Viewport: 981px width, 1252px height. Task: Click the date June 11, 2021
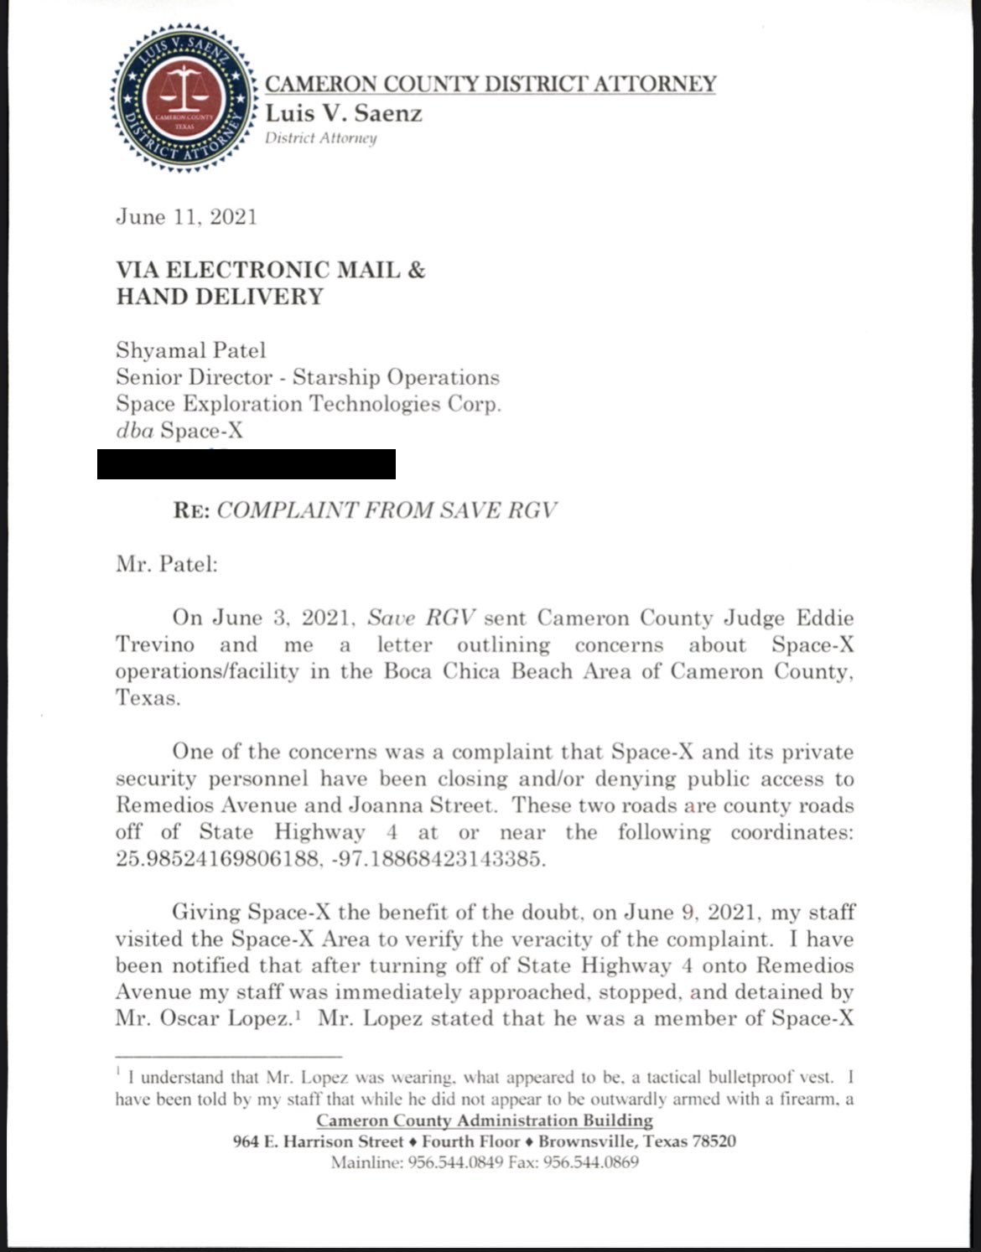point(186,217)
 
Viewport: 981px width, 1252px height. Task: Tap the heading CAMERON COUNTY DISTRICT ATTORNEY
point(490,84)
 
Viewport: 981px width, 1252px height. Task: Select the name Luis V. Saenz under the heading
point(344,112)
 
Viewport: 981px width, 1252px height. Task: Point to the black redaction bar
point(246,464)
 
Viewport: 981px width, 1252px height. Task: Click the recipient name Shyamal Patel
point(190,350)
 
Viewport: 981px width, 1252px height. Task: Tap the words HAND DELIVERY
point(220,297)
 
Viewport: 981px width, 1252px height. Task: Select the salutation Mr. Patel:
point(166,563)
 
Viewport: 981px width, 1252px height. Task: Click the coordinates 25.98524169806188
point(217,859)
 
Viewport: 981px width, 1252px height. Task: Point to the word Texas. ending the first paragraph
point(148,698)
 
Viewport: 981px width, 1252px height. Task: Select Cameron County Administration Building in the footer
point(485,1120)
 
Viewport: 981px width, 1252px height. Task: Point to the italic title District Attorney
point(321,138)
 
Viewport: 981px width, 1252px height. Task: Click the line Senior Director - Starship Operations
point(308,377)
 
